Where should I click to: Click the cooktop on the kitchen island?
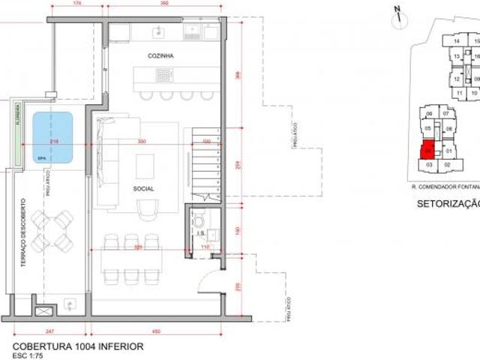(x=163, y=76)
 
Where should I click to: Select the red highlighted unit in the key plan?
(x=427, y=148)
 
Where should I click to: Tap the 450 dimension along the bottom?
(x=155, y=330)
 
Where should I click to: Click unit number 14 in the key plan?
(x=456, y=42)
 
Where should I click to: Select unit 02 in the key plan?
(x=447, y=163)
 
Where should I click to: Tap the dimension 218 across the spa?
(x=54, y=142)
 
